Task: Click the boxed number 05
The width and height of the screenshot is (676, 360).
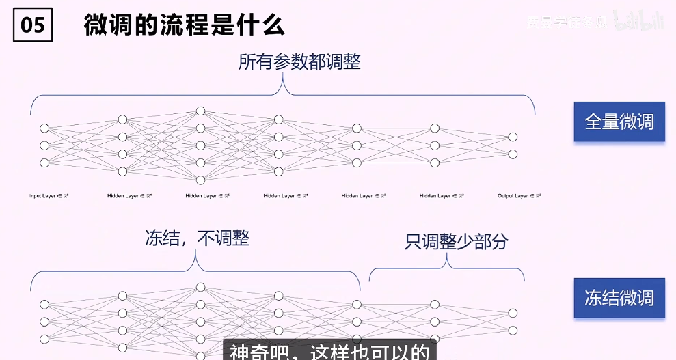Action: [x=33, y=25]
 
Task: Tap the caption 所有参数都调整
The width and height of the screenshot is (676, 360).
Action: [x=299, y=62]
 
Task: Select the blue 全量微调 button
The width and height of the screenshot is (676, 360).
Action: [x=619, y=122]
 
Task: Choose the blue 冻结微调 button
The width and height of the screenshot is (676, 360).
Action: [x=619, y=298]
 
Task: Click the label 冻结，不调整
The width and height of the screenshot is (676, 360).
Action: [x=198, y=238]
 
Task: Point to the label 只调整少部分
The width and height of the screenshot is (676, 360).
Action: [x=456, y=241]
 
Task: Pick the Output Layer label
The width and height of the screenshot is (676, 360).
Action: [x=519, y=196]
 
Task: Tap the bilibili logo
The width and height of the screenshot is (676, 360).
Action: [x=639, y=22]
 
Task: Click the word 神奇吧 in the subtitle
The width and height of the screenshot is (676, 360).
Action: [x=251, y=352]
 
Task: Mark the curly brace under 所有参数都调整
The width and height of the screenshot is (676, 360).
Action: [x=282, y=96]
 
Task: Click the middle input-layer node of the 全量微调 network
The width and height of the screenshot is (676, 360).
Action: [x=44, y=146]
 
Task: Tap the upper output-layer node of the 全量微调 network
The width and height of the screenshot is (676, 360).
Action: [x=513, y=137]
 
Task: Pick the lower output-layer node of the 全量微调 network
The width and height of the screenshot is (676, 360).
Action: [x=513, y=154]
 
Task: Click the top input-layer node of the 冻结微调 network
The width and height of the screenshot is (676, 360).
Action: [x=44, y=305]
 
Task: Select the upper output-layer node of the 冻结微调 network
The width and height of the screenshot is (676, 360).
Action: [x=513, y=313]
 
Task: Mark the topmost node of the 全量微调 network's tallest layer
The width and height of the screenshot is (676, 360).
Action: [x=200, y=111]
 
